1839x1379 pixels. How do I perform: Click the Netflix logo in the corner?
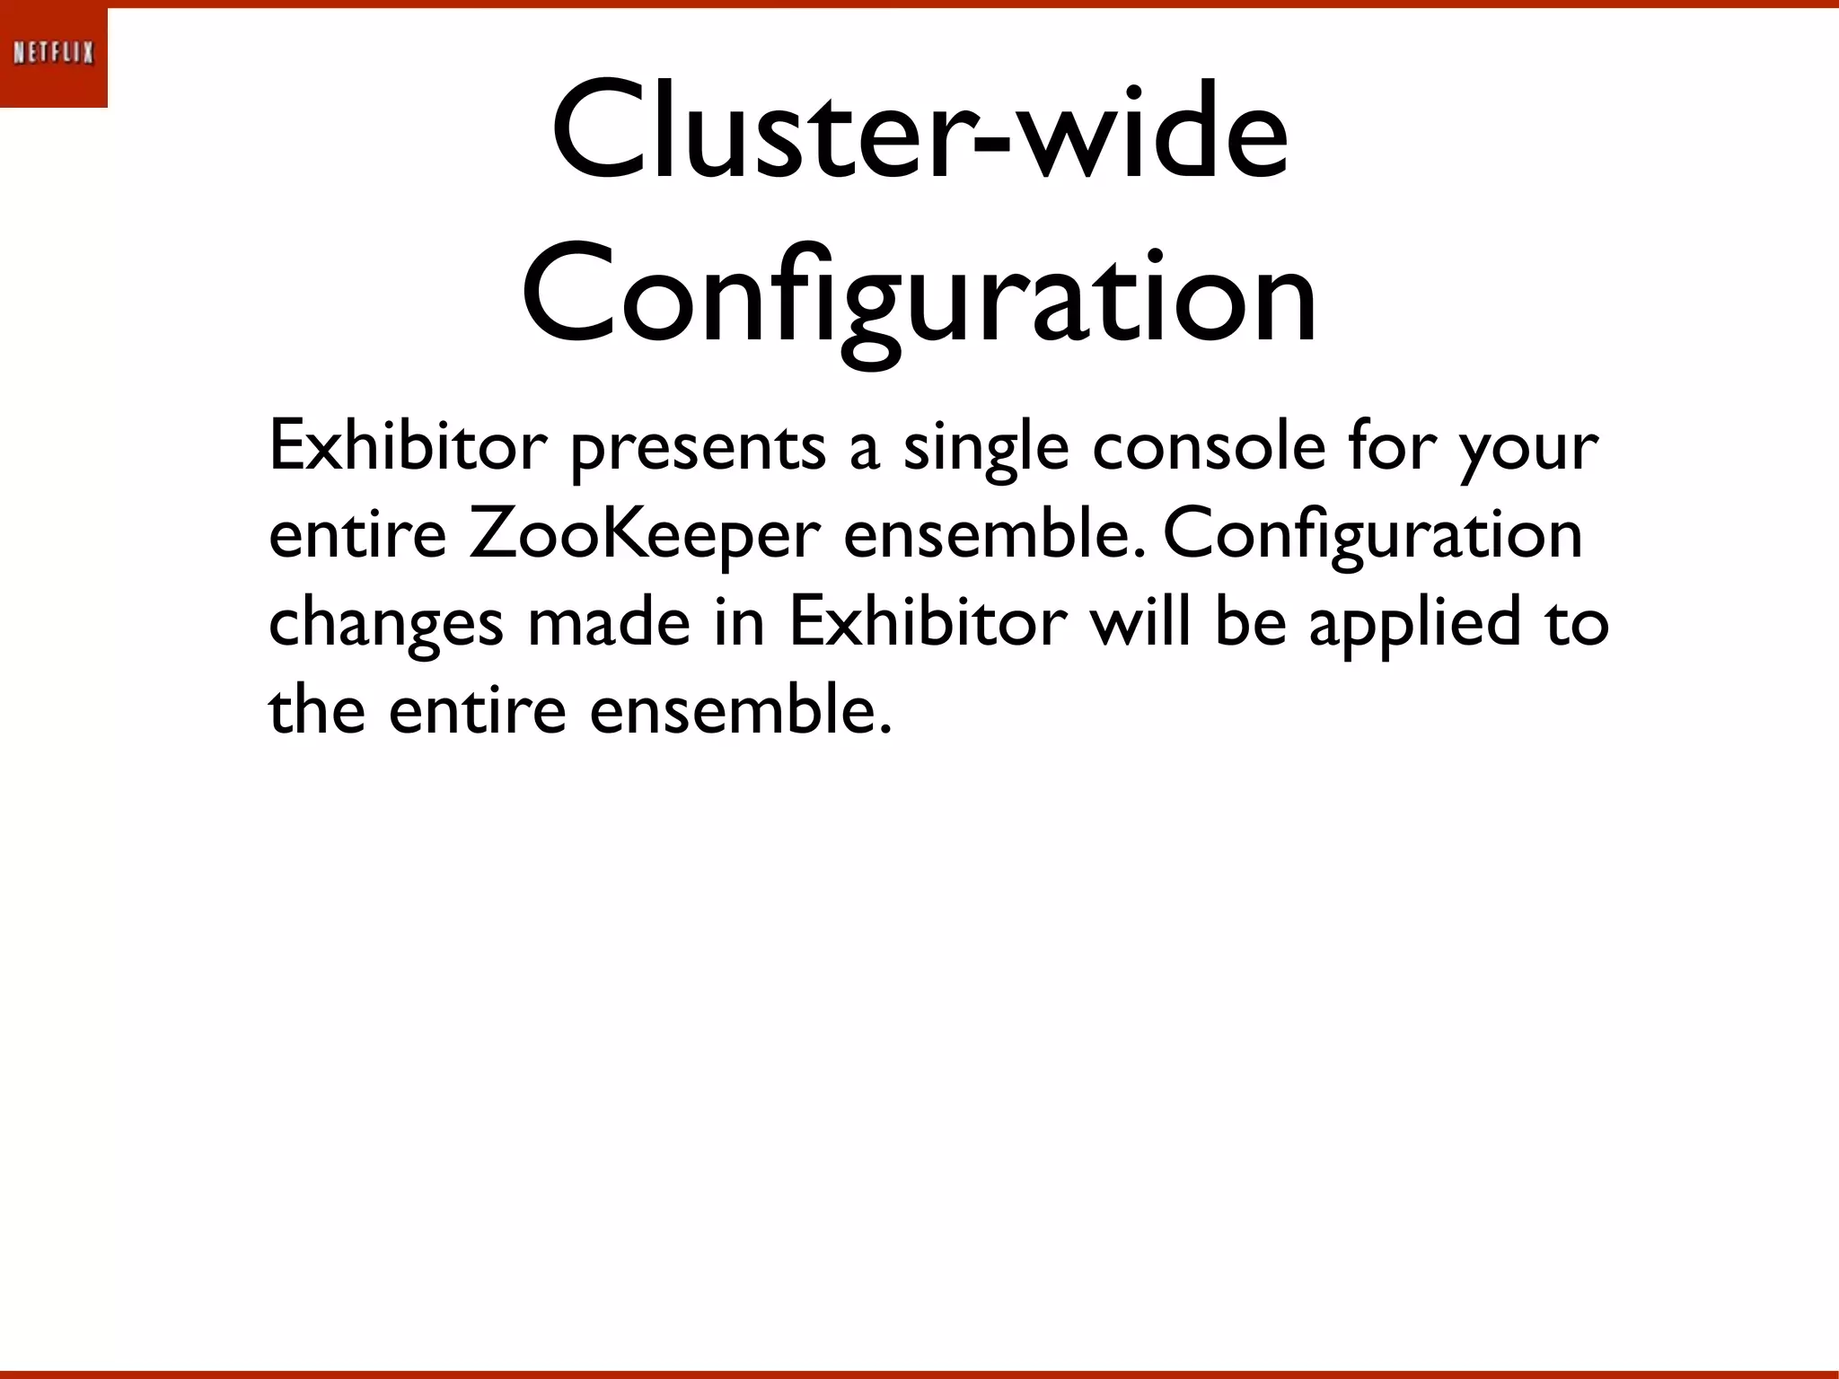pos(54,54)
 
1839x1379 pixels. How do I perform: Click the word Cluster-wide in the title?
pos(919,135)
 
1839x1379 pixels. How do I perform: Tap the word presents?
pos(698,449)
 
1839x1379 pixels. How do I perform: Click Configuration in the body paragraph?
pos(1372,537)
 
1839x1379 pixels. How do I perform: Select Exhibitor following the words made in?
pos(928,621)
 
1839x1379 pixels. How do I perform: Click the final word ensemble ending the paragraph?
pos(741,709)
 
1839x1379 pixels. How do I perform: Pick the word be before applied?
pos(1251,621)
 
